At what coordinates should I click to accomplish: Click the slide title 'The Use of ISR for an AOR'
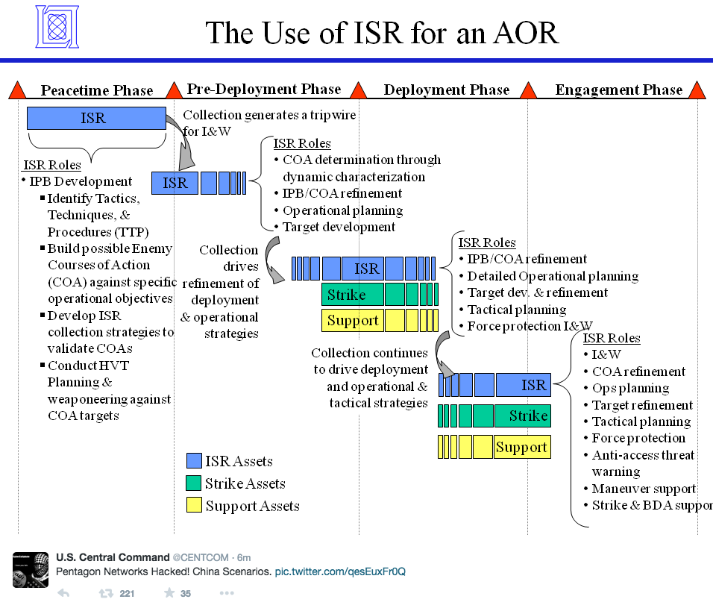tap(381, 32)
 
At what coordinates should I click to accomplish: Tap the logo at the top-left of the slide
tap(57, 27)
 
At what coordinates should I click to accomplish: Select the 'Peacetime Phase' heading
tap(96, 91)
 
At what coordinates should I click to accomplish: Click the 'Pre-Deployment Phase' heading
tap(263, 90)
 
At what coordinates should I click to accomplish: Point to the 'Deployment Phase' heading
tap(446, 90)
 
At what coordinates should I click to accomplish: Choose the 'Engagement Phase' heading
tap(618, 90)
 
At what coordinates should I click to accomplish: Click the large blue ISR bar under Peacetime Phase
tap(96, 118)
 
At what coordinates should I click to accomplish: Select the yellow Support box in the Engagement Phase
tap(522, 447)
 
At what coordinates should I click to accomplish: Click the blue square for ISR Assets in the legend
tap(194, 461)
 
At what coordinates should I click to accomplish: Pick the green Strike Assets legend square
tap(194, 483)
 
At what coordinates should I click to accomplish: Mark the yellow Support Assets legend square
tap(194, 506)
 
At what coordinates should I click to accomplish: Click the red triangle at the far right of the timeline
tap(697, 91)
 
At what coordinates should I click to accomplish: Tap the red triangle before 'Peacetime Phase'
tap(17, 91)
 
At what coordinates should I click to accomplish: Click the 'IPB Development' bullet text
tap(81, 181)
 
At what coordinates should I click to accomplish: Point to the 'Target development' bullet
tap(339, 227)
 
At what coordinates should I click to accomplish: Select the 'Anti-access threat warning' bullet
tap(642, 463)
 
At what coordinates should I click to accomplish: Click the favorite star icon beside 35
tap(169, 594)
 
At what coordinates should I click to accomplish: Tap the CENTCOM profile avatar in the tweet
tap(31, 569)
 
